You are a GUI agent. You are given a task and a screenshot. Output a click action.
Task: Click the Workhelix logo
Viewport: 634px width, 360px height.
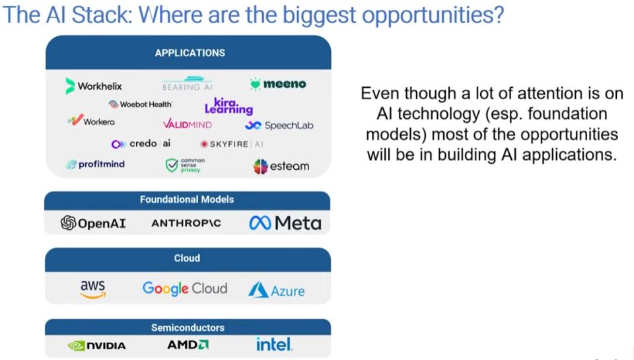pyautogui.click(x=93, y=86)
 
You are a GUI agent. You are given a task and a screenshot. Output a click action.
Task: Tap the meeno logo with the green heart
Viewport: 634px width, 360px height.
pyautogui.click(x=278, y=84)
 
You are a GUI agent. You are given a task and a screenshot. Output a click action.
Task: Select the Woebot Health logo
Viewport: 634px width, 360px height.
pyautogui.click(x=140, y=104)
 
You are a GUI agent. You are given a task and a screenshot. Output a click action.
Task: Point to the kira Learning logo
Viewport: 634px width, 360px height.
pyautogui.click(x=229, y=106)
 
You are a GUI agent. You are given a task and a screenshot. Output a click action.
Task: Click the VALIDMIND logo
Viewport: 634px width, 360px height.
pyautogui.click(x=187, y=124)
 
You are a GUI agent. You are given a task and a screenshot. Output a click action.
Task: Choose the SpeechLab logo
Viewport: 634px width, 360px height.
pyautogui.click(x=279, y=126)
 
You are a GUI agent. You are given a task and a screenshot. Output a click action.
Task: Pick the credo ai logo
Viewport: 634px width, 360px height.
pyautogui.click(x=141, y=143)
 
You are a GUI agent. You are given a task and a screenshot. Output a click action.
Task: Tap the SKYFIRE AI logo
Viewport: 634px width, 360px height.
pyautogui.click(x=232, y=144)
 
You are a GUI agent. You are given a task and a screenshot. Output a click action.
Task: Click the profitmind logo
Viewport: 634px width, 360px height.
pyautogui.click(x=95, y=164)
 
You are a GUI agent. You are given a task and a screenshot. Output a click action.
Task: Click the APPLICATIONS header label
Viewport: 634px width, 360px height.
pyautogui.click(x=190, y=53)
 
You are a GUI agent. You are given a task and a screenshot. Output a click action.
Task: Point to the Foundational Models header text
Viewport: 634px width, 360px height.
pyautogui.click(x=187, y=199)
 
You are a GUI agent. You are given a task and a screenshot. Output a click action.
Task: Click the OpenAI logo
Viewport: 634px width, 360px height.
pyautogui.click(x=93, y=223)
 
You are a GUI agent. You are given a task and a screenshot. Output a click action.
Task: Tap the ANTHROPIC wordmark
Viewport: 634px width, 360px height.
pyautogui.click(x=186, y=223)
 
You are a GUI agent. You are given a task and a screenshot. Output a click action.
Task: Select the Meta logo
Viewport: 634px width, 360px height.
pyautogui.click(x=285, y=223)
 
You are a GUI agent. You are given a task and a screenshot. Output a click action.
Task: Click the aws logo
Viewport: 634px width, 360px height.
pyautogui.click(x=93, y=289)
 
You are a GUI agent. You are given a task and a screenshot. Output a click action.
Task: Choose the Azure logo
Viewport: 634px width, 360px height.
pyautogui.click(x=277, y=290)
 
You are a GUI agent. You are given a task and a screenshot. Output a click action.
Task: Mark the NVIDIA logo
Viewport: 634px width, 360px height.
pyautogui.click(x=97, y=345)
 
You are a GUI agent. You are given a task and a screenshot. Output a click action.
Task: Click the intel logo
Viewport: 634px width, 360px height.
pyautogui.click(x=273, y=344)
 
